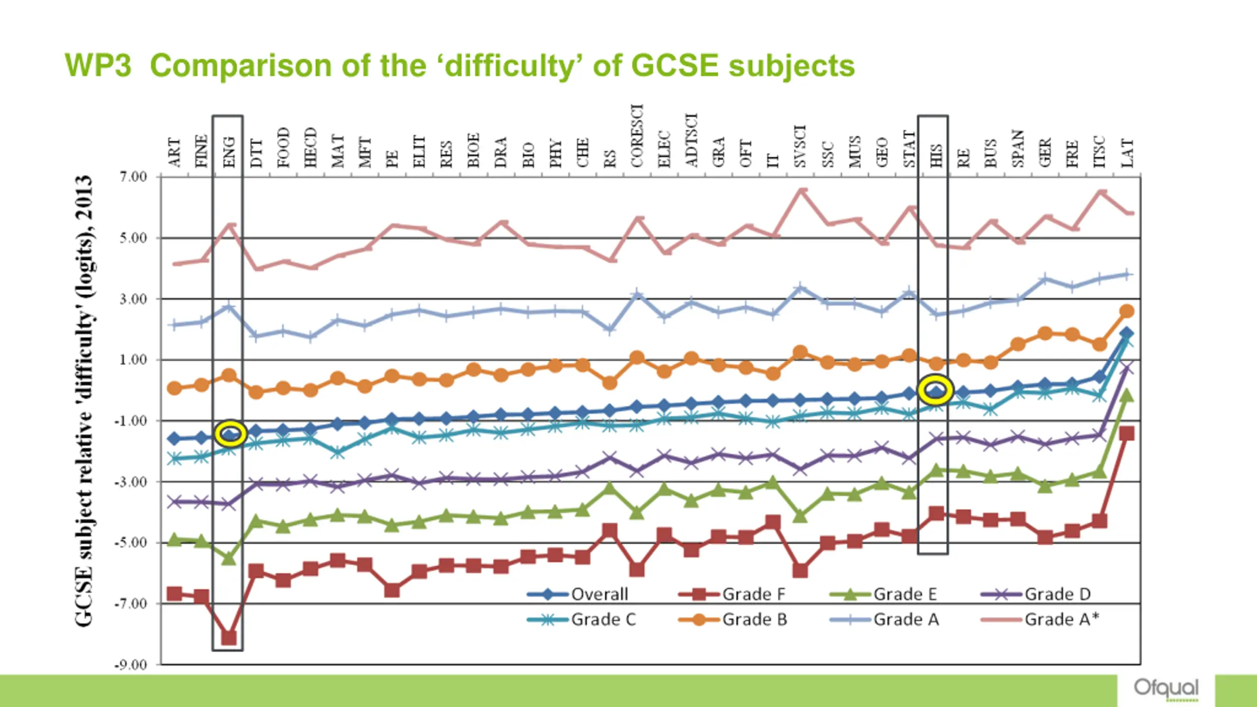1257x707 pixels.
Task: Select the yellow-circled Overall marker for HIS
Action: pyautogui.click(x=936, y=391)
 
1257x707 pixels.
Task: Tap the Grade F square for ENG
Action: pyautogui.click(x=229, y=638)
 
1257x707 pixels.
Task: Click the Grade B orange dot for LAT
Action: pyautogui.click(x=1127, y=311)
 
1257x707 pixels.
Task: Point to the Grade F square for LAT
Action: pyautogui.click(x=1127, y=434)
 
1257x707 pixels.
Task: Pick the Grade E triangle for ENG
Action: pyautogui.click(x=229, y=558)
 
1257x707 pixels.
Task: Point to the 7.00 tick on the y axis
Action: pyautogui.click(x=133, y=177)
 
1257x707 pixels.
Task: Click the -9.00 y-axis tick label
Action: pyautogui.click(x=131, y=665)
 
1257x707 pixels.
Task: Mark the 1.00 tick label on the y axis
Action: pyautogui.click(x=133, y=360)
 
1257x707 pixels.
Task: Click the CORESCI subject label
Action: pyautogui.click(x=637, y=136)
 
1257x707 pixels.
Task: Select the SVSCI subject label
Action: pyautogui.click(x=800, y=146)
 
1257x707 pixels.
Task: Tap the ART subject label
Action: pyautogui.click(x=174, y=153)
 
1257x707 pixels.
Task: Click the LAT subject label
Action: pyautogui.click(x=1127, y=153)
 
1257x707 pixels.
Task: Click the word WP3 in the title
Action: pyautogui.click(x=98, y=65)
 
